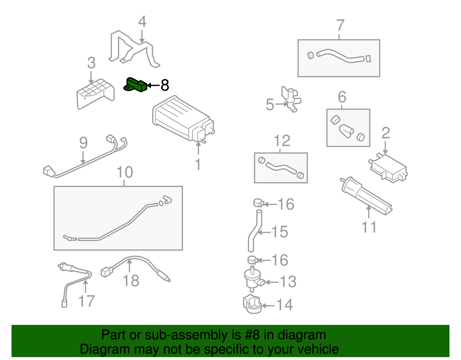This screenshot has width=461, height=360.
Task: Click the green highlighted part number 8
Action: (x=135, y=85)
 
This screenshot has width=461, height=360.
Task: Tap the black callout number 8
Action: (x=165, y=85)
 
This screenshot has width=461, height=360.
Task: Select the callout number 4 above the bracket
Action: (x=142, y=22)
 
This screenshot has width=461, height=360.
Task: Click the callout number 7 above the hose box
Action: (x=340, y=25)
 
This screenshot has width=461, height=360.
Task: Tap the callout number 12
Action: (x=282, y=141)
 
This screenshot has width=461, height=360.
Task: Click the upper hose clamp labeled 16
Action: (x=259, y=203)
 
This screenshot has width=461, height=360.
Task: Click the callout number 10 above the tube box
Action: (x=124, y=172)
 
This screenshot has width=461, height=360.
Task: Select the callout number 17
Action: (x=86, y=301)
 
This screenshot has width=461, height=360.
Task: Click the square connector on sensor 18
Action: (x=106, y=272)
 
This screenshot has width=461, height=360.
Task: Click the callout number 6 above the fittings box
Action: (x=342, y=97)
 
